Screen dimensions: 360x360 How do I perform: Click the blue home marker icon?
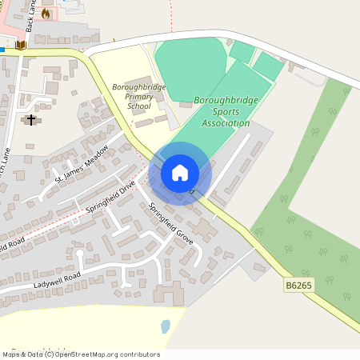[180, 173]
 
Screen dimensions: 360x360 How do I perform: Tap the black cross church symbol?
[31, 120]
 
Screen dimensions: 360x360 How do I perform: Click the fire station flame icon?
[46, 14]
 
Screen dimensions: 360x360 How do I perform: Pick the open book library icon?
[21, 46]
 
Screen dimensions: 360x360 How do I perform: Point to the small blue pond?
[165, 326]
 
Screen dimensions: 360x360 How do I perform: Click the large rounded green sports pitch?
[190, 59]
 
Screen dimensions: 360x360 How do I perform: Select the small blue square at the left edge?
[2, 49]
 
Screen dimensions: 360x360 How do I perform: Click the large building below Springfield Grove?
[169, 294]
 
